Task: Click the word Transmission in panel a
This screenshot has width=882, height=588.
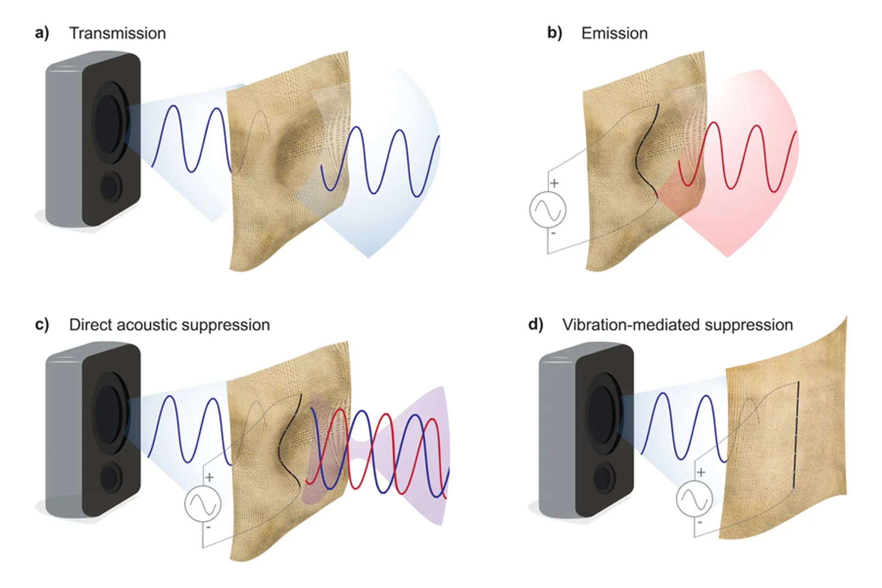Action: [118, 34]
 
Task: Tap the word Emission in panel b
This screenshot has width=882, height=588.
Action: [614, 34]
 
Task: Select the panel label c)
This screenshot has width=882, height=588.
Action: [42, 324]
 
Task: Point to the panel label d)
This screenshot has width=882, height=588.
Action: [536, 324]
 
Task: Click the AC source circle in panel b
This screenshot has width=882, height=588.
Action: [548, 210]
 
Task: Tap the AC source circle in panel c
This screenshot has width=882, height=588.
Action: [203, 504]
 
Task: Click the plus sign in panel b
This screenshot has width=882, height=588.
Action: [554, 183]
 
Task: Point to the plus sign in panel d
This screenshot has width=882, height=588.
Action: [701, 472]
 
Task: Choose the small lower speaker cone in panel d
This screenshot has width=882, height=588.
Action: [604, 478]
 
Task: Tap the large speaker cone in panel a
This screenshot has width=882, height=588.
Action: [109, 123]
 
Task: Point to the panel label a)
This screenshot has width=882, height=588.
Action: [42, 33]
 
